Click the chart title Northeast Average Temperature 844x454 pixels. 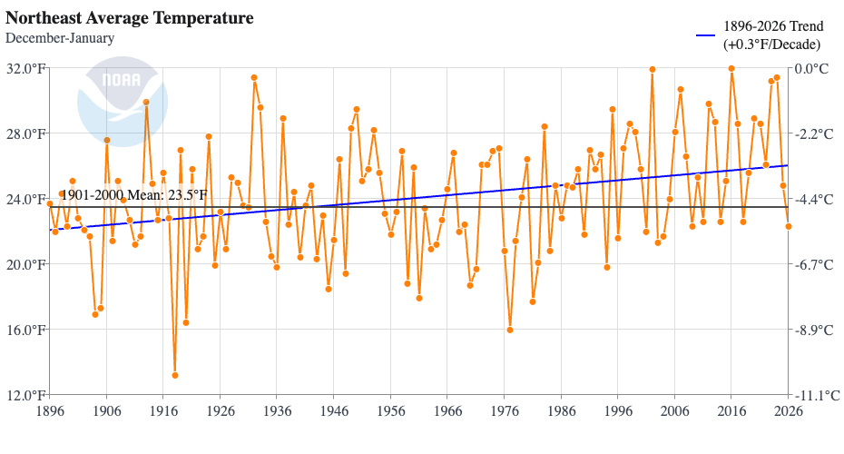tap(129, 18)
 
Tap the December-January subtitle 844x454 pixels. tap(60, 38)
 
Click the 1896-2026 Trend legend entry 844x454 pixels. tap(771, 35)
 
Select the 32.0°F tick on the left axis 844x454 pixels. tap(26, 69)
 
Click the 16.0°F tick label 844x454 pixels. tap(26, 330)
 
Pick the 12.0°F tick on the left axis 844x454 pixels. tap(26, 395)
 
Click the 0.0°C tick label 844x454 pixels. tap(811, 69)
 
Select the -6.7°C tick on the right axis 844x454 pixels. tap(813, 264)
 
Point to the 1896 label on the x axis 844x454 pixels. tap(50, 410)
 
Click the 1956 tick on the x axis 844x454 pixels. tap(390, 410)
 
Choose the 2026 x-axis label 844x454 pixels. tap(788, 410)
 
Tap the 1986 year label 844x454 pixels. tap(561, 410)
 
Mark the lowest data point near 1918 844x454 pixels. tap(174, 375)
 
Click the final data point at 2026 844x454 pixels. tap(789, 226)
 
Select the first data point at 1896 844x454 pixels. tap(50, 204)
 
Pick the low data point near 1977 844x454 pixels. tap(510, 330)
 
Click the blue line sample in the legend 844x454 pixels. tap(706, 35)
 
